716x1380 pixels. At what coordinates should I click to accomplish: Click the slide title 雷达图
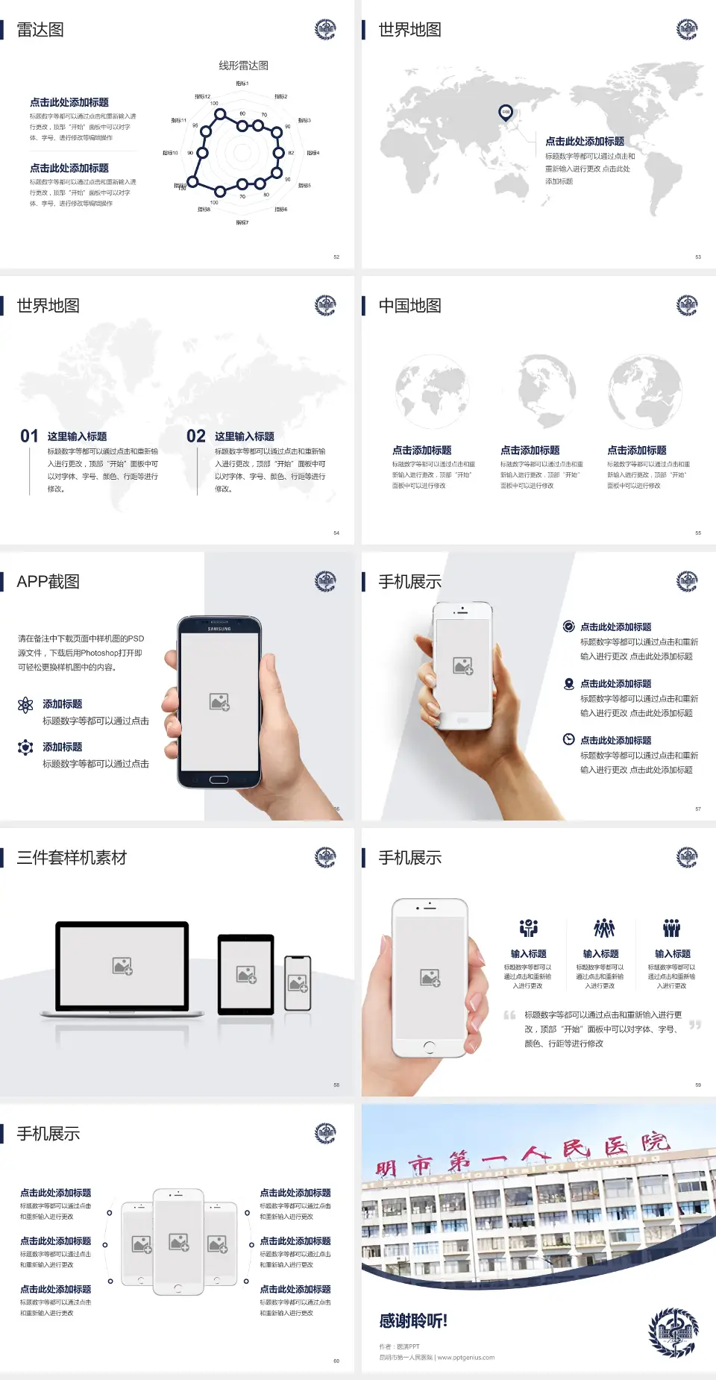click(40, 30)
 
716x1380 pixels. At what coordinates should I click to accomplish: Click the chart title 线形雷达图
click(243, 66)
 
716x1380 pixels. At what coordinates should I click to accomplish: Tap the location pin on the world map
click(506, 113)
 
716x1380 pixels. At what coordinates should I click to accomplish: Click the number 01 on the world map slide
click(29, 436)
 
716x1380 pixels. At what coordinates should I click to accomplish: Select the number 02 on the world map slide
click(196, 436)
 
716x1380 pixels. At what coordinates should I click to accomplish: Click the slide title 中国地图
click(409, 306)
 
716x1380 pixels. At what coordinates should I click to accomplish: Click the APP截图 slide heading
click(48, 582)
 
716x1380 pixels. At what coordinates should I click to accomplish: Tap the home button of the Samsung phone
click(219, 780)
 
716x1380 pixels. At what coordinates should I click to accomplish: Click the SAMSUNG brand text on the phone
click(219, 629)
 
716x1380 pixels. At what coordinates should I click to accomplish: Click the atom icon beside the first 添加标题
click(25, 705)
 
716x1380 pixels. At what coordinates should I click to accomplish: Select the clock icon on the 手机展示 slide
click(568, 739)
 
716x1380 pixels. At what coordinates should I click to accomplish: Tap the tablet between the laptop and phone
click(246, 973)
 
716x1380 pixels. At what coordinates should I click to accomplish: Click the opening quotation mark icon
click(509, 1015)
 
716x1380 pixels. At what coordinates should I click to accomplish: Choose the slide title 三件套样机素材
click(72, 858)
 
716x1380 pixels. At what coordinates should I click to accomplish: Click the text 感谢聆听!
click(413, 1321)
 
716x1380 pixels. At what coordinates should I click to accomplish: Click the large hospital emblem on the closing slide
click(673, 1332)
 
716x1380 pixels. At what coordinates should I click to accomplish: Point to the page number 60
click(336, 1361)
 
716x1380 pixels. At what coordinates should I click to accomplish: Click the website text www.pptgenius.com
click(466, 1358)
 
